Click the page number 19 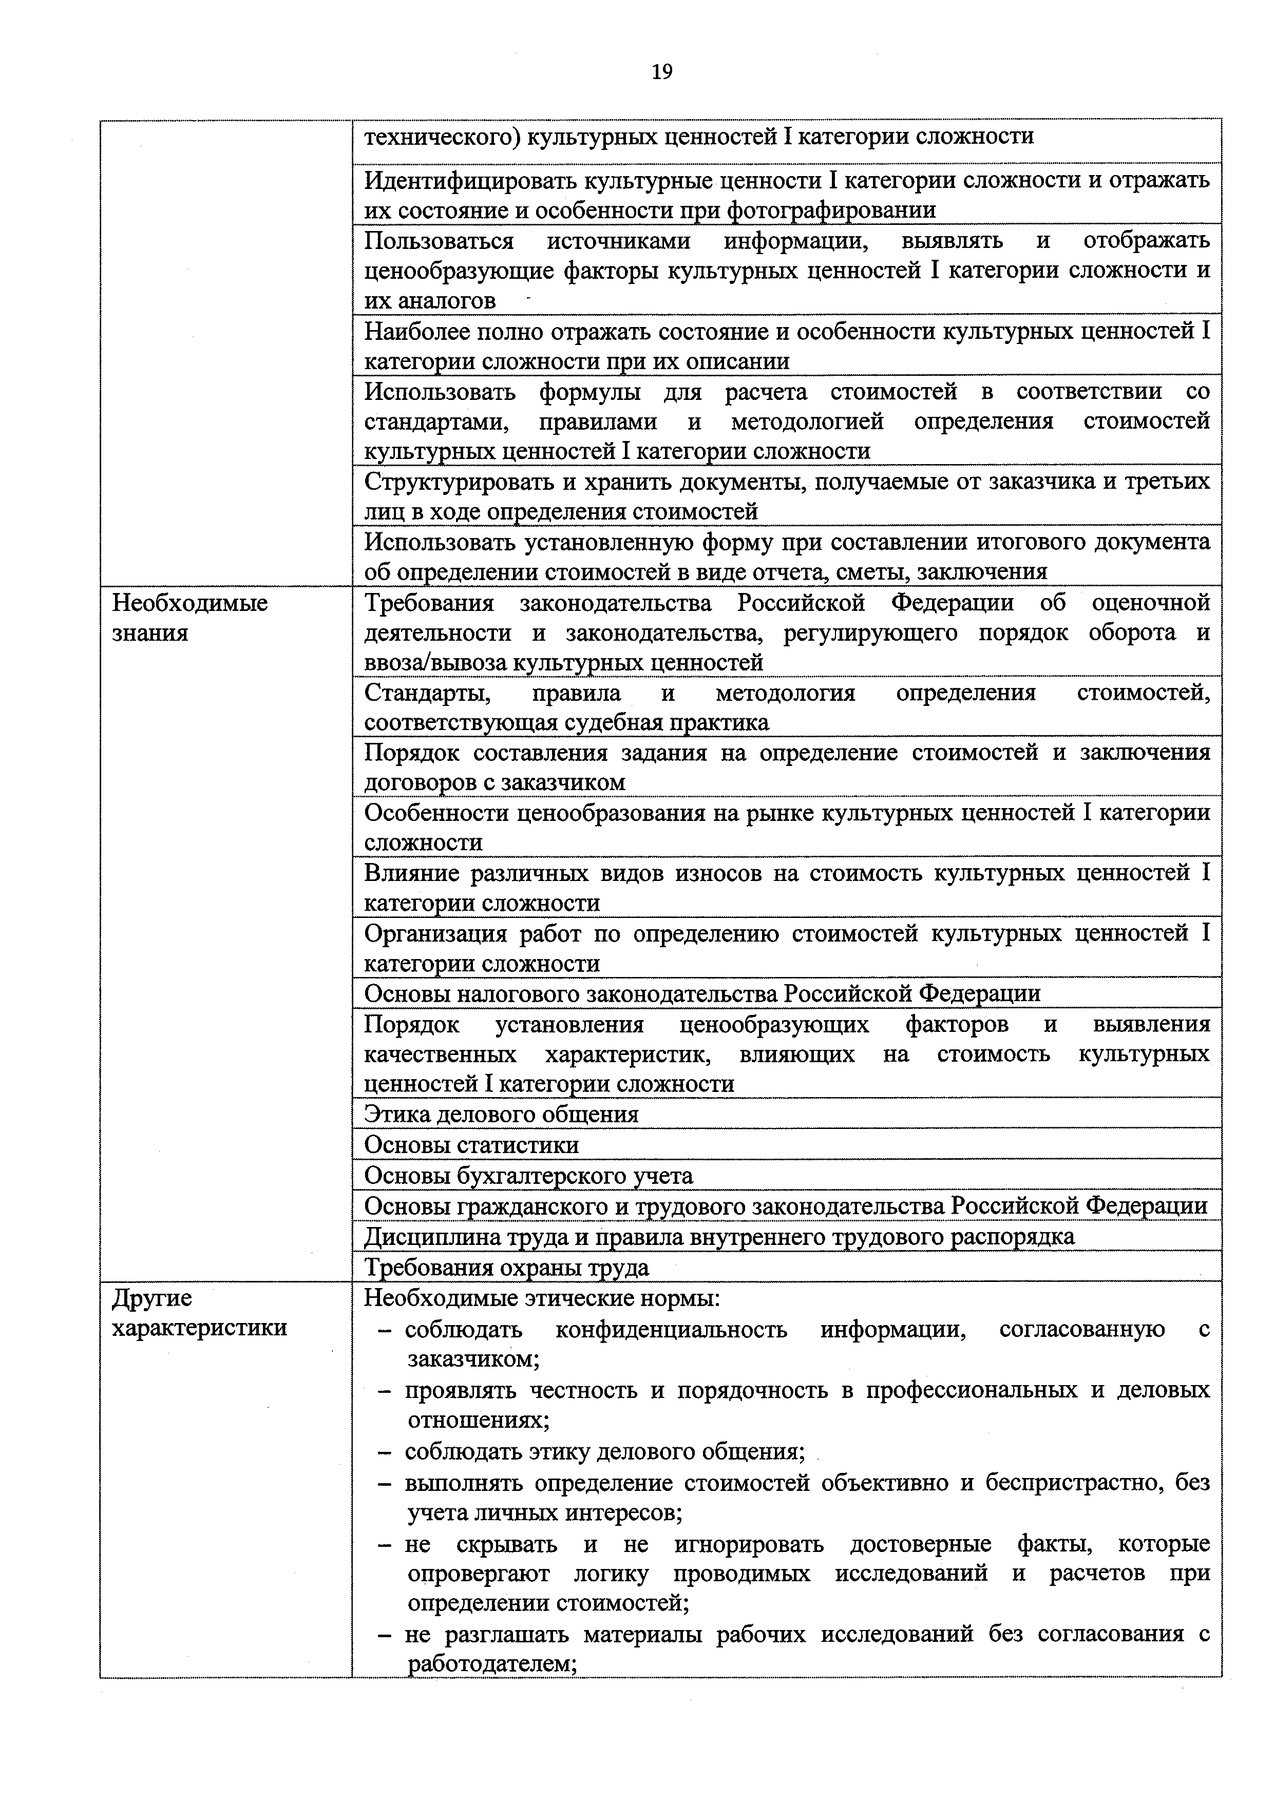pos(662,72)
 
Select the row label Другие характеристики pos(199,1312)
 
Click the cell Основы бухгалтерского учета pos(528,1175)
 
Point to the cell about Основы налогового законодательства pos(702,993)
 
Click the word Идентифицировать pos(469,181)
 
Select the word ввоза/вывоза pos(435,662)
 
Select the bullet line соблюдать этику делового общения pos(604,1451)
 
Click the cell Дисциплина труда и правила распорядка pos(719,1236)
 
